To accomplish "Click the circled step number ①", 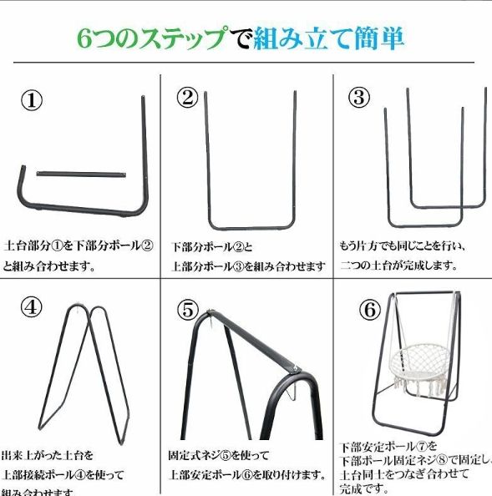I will [x=31, y=100].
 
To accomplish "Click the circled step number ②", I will [x=187, y=98].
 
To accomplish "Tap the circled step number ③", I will [x=359, y=97].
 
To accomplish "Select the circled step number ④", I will [x=31, y=306].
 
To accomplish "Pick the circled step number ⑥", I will [x=370, y=310].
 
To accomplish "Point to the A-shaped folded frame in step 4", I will [x=84, y=367].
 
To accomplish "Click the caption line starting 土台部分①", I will [x=79, y=245].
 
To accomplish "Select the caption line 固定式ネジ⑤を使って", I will [x=219, y=456].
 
